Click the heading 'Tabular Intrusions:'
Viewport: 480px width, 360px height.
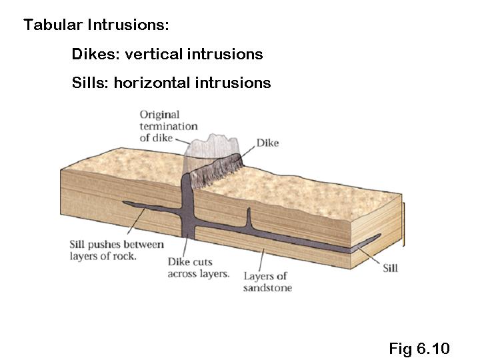(96, 25)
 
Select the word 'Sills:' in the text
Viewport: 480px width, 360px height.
(90, 83)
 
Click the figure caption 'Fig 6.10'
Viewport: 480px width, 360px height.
(419, 348)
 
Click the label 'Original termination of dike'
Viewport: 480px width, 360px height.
(168, 126)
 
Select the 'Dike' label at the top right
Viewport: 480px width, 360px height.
(267, 143)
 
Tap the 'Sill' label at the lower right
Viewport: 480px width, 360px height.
(391, 268)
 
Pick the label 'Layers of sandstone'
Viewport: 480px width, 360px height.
(266, 282)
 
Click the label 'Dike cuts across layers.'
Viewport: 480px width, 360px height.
(198, 267)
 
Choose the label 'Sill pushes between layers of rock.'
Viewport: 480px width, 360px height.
(116, 250)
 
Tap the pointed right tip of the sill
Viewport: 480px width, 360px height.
(379, 235)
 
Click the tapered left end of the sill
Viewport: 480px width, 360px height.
(127, 204)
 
